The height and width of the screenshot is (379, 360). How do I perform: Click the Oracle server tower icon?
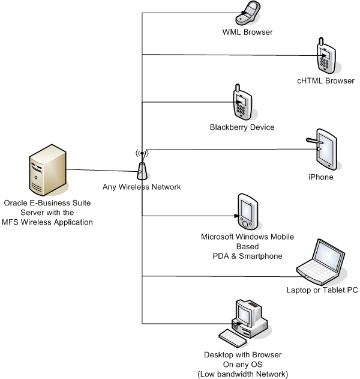[47, 173]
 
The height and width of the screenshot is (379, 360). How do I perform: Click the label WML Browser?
[248, 32]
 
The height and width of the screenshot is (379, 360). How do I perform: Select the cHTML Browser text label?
[326, 80]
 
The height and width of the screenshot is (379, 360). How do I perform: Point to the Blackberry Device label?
[242, 127]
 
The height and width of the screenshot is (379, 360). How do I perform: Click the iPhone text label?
[320, 177]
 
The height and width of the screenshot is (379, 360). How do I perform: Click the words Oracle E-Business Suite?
[48, 203]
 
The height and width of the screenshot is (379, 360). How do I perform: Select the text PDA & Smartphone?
[247, 256]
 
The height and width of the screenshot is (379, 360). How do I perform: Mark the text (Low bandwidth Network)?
[247, 374]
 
